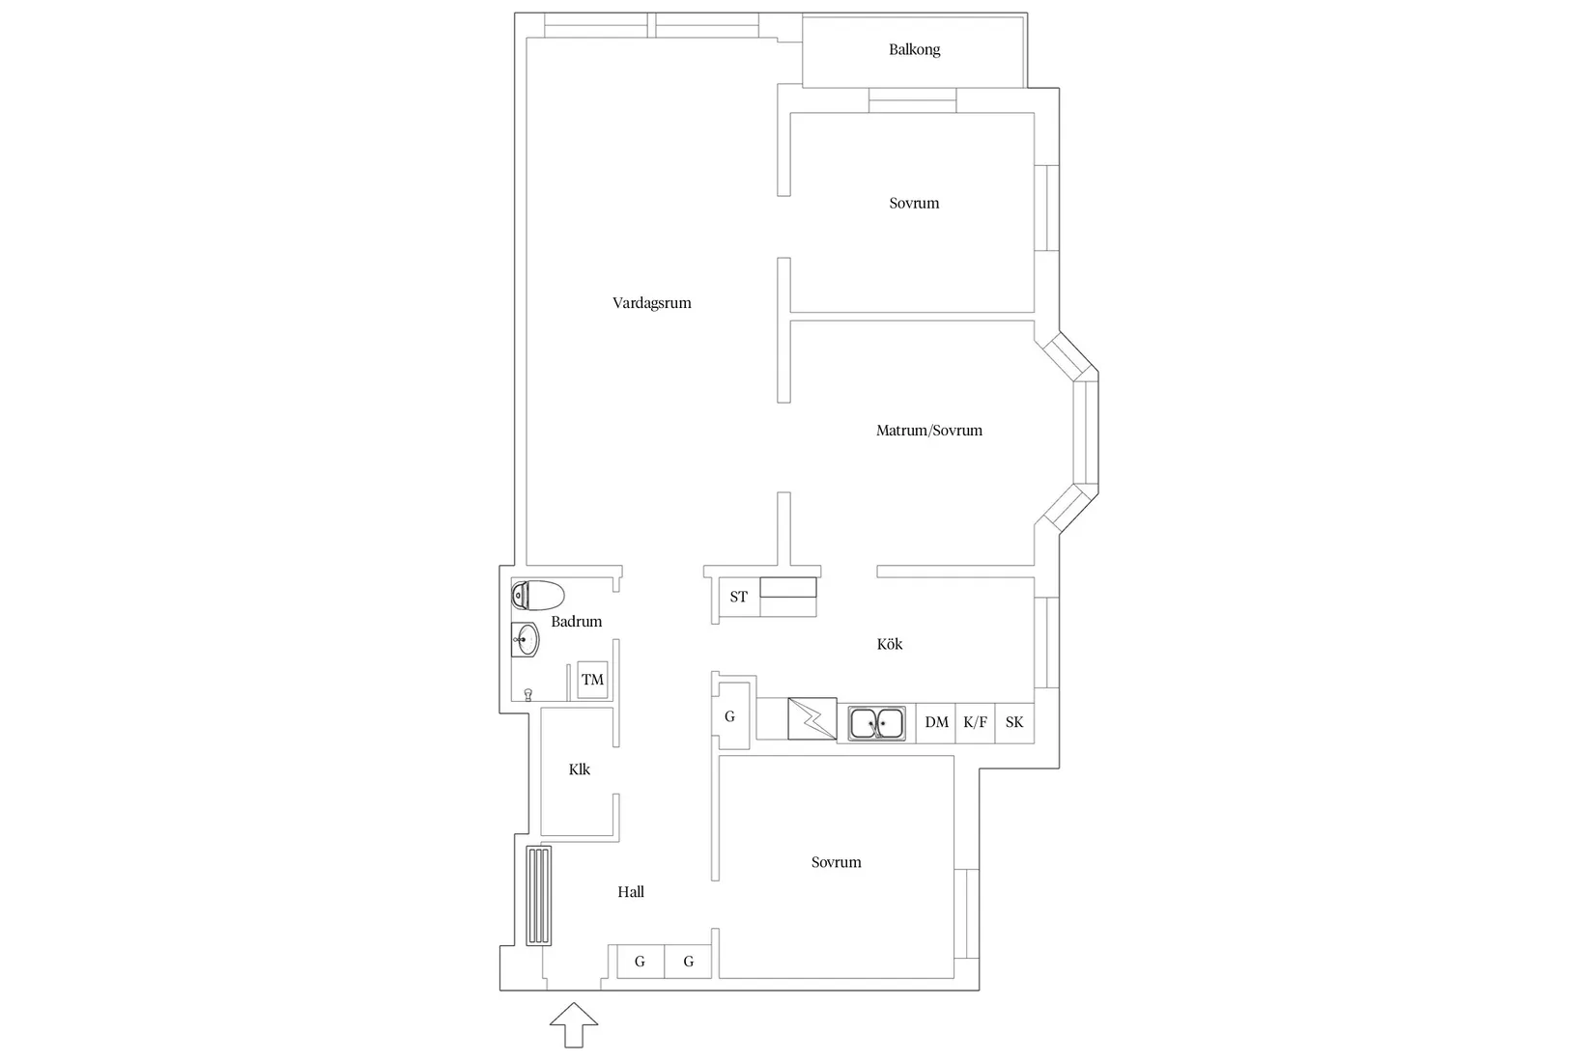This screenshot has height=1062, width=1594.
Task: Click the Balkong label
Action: click(x=915, y=50)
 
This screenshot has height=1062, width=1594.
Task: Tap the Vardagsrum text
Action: click(x=652, y=303)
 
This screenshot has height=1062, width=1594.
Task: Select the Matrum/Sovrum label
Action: click(x=928, y=431)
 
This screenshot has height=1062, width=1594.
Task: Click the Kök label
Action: click(x=890, y=644)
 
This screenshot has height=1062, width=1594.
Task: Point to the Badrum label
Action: click(x=577, y=622)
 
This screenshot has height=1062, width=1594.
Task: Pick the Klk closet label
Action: click(x=580, y=769)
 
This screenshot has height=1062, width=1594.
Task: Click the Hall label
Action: click(x=631, y=892)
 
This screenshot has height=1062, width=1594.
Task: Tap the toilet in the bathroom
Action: click(x=538, y=596)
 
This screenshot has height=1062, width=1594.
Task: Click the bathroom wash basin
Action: click(x=526, y=640)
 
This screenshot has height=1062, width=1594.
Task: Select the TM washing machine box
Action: click(x=592, y=680)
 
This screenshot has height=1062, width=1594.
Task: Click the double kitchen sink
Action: click(x=877, y=723)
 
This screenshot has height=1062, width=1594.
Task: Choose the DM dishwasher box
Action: click(x=936, y=723)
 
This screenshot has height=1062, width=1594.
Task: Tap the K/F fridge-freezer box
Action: click(x=975, y=723)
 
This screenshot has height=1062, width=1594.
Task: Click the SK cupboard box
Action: click(x=1014, y=723)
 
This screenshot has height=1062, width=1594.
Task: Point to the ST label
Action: click(x=739, y=597)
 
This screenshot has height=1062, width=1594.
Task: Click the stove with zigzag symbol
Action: click(x=811, y=718)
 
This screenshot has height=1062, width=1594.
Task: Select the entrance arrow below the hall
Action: click(x=574, y=1025)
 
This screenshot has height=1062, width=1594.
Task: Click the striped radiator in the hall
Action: click(x=539, y=896)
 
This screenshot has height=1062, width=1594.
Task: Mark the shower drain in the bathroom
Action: click(x=528, y=694)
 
